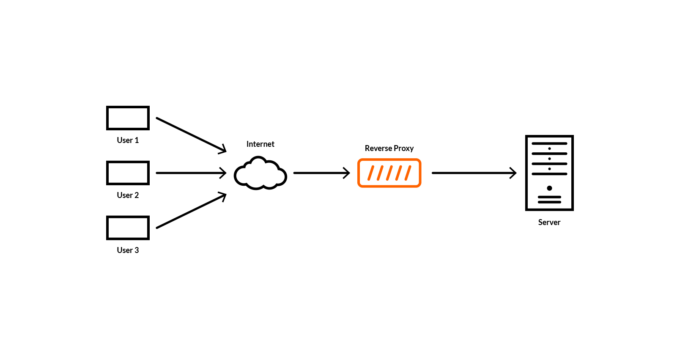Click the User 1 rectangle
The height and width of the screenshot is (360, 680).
point(128,118)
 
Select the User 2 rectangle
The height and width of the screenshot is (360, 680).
point(128,173)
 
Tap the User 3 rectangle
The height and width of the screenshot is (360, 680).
point(128,228)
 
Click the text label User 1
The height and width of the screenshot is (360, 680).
point(128,140)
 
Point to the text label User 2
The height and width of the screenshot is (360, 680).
point(128,195)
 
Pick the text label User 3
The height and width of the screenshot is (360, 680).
point(128,250)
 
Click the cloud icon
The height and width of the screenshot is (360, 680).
point(260,174)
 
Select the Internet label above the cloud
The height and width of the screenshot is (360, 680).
point(260,144)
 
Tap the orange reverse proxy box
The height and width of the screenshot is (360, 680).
point(389,173)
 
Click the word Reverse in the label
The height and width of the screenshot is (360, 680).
point(378,148)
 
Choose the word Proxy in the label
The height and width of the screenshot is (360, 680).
point(403,148)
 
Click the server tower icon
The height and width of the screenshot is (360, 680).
point(549,173)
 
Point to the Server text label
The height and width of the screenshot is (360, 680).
point(549,223)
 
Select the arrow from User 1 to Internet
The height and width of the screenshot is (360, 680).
point(190,134)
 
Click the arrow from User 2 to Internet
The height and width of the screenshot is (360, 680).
point(190,173)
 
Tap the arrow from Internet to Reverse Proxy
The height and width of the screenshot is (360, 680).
point(321,173)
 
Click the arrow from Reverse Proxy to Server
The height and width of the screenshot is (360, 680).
point(474,173)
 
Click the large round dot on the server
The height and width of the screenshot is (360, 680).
point(549,188)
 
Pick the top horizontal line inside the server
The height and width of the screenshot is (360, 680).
point(549,144)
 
